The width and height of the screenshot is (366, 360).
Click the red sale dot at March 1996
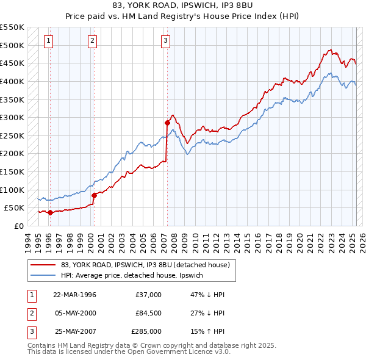click(50, 212)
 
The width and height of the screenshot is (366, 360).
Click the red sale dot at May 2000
click(95, 195)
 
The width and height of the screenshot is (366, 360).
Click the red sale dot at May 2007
click(167, 123)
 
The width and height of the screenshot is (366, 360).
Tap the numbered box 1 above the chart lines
click(48, 41)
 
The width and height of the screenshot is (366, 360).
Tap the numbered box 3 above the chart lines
click(165, 41)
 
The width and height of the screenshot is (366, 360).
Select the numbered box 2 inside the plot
click(91, 41)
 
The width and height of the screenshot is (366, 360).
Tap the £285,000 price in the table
click(146, 332)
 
